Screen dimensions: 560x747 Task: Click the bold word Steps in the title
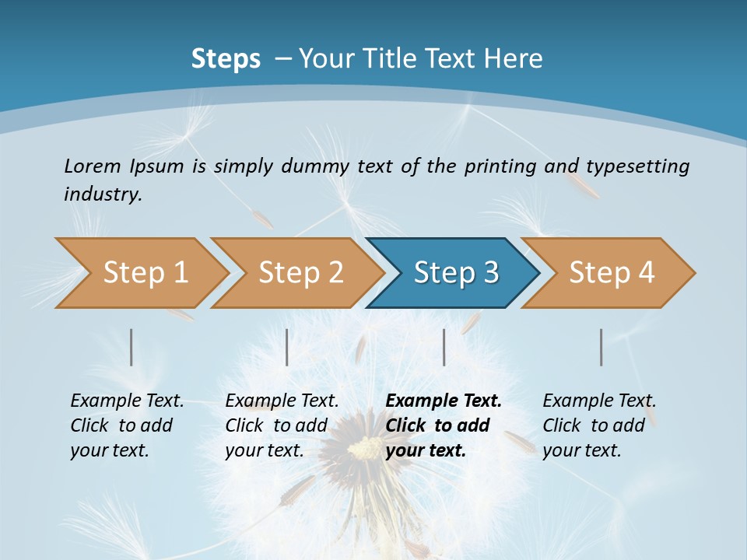pyautogui.click(x=226, y=59)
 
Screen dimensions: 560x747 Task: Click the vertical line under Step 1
pyautogui.click(x=132, y=347)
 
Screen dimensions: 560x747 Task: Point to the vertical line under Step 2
pyautogui.click(x=287, y=347)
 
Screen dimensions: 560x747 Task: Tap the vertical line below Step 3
pyautogui.click(x=444, y=347)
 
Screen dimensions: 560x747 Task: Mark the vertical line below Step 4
pyautogui.click(x=601, y=347)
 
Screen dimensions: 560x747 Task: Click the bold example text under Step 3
pyautogui.click(x=444, y=425)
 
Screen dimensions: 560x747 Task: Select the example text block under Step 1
pyautogui.click(x=127, y=425)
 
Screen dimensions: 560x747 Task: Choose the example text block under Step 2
pyautogui.click(x=282, y=425)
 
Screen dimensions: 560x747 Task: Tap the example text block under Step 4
pyautogui.click(x=599, y=425)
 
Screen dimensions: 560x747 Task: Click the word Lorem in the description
pyautogui.click(x=92, y=166)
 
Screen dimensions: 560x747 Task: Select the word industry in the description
pyautogui.click(x=103, y=194)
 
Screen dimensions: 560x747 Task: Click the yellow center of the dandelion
pyautogui.click(x=364, y=450)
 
